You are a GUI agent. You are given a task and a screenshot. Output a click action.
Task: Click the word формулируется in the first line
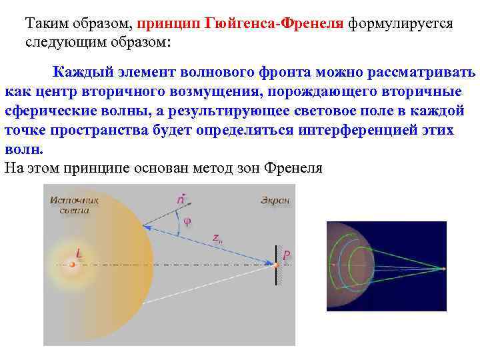(400, 24)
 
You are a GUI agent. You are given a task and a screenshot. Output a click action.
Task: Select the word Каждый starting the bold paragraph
(85, 71)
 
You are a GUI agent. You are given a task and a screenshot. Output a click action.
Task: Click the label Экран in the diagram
(275, 199)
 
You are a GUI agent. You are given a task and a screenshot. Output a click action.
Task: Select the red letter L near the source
(79, 253)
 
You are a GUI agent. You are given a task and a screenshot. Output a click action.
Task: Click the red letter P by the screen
(286, 255)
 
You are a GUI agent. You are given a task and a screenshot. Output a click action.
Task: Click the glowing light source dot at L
(72, 265)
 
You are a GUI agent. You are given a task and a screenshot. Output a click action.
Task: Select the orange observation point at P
(275, 265)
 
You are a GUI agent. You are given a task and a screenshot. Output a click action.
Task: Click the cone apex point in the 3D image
(443, 268)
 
